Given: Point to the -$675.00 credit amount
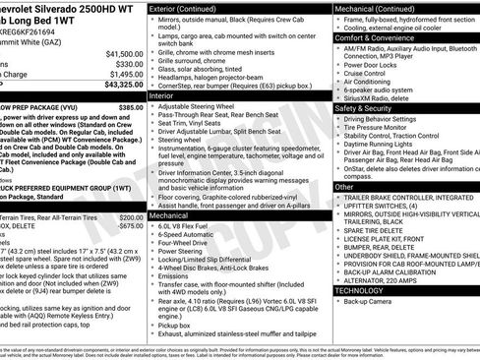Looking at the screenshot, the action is (130, 225).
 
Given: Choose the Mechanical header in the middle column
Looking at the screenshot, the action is (168, 213).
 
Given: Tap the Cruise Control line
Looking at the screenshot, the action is (365, 74).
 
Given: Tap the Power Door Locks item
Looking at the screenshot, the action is (370, 65).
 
